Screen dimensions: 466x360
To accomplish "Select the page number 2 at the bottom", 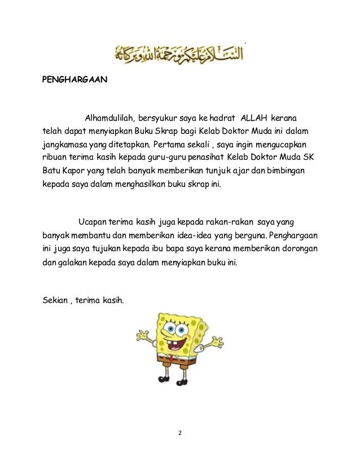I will coord(180,433).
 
